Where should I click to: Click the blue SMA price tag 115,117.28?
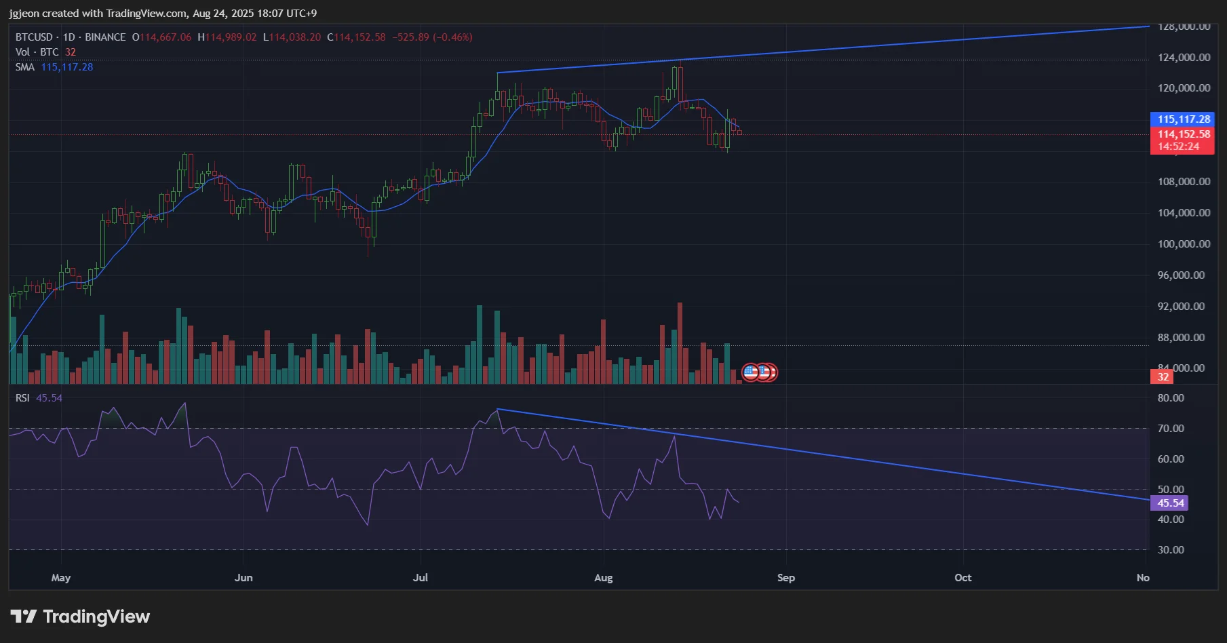1182,119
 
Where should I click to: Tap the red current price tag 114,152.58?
1182,134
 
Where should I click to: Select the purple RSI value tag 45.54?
1169,503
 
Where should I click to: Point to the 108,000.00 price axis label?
1183,182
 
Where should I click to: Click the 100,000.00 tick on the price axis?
1183,244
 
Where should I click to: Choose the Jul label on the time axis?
421,578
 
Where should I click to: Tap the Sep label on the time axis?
785,578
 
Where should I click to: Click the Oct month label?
962,578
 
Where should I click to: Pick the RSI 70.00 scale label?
1170,429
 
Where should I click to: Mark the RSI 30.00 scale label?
1170,550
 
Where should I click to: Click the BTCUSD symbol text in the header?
34,37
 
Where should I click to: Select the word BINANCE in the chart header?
105,37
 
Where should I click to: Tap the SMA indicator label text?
25,67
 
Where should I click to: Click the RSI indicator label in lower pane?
22,398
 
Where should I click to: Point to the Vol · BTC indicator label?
37,52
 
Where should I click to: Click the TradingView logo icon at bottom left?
24,616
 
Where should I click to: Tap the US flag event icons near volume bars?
759,372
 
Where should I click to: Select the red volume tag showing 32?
1163,377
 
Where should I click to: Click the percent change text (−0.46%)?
452,37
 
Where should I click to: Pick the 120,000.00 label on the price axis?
1183,88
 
